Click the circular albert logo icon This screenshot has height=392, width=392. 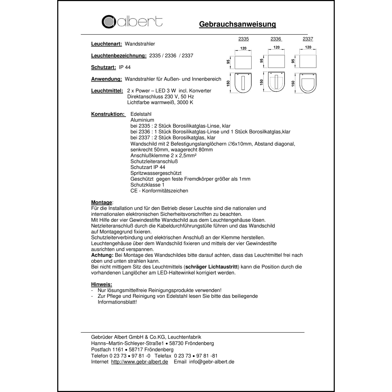point(109,22)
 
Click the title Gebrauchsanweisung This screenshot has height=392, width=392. point(237,24)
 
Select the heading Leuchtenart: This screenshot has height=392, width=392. point(106,44)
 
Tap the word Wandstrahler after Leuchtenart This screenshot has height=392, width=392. point(140,44)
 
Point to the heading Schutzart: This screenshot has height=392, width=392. point(103,67)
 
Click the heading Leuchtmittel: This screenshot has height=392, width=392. point(107,91)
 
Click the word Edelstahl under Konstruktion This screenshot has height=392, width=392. point(141,114)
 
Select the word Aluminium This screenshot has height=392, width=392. point(142,120)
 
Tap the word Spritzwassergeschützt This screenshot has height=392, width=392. point(156,173)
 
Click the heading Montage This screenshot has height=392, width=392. point(101,203)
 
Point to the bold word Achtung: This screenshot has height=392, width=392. point(102,255)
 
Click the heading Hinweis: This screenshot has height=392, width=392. point(101,285)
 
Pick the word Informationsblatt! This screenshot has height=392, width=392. point(117,302)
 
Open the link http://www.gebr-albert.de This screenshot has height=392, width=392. point(140,362)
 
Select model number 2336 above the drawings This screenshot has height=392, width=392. point(276,39)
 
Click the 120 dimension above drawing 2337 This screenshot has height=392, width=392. point(308,47)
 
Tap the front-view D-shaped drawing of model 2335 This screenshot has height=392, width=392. point(243,83)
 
